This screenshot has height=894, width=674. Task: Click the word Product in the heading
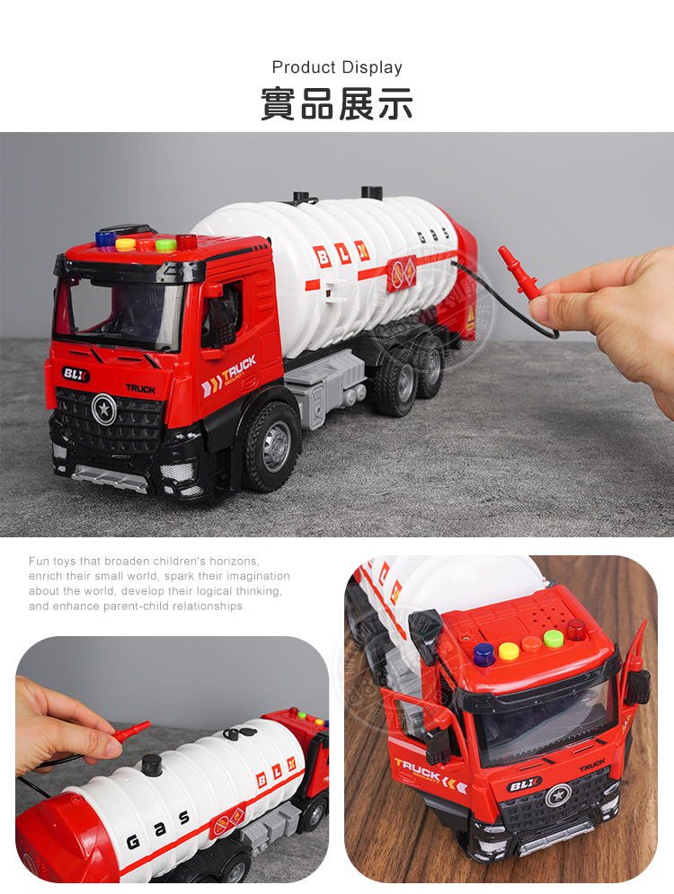click(x=304, y=67)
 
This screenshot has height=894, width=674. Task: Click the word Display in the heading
click(x=372, y=68)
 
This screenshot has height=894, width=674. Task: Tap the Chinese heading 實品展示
click(x=337, y=103)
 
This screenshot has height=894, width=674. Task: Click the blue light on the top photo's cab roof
click(x=105, y=238)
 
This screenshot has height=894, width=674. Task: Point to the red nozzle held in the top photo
click(x=518, y=272)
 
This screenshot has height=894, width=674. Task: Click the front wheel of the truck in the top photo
click(x=272, y=447)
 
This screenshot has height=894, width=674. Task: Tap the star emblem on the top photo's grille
click(x=103, y=409)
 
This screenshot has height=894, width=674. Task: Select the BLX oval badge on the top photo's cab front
click(x=75, y=374)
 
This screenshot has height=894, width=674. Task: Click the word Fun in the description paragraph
click(x=39, y=561)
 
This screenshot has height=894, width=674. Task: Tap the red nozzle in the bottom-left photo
click(x=131, y=731)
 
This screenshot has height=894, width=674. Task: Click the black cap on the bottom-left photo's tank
click(x=152, y=765)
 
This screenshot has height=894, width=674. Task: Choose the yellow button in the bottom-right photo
click(x=508, y=651)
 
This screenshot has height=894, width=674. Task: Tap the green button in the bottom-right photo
click(x=553, y=638)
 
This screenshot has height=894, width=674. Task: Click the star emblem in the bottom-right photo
click(x=557, y=795)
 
